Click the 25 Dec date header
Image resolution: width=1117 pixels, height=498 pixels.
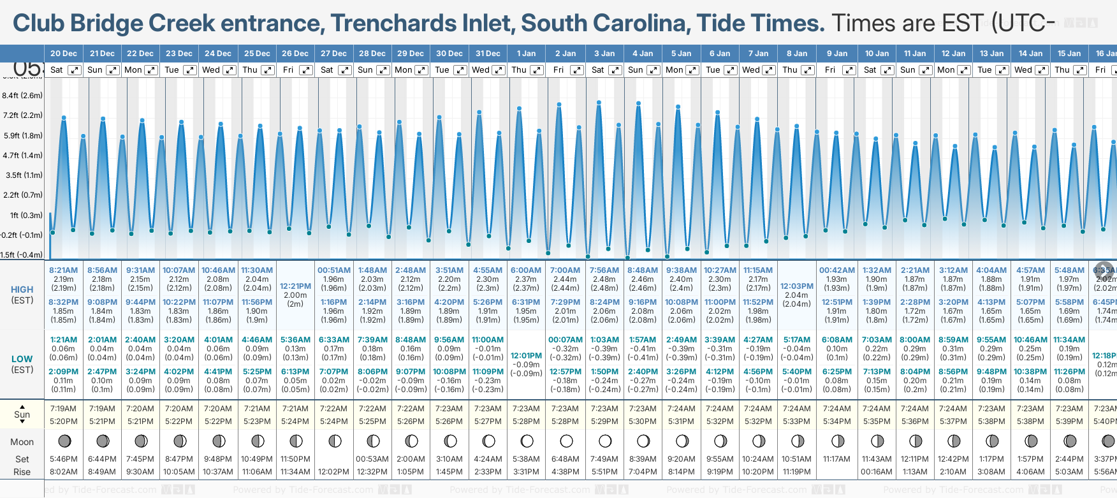coord(257,54)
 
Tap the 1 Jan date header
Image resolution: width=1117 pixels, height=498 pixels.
coord(526,54)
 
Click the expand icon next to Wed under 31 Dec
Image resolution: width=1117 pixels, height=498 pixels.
coord(499,70)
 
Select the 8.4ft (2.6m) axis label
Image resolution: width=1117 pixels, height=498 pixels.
coord(22,96)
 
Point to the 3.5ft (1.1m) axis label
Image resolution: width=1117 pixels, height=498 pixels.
coord(24,175)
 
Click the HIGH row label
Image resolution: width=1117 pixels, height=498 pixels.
coord(22,289)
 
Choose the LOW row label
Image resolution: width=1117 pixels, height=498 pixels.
coord(22,359)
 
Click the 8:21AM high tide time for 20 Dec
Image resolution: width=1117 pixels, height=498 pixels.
coord(63,270)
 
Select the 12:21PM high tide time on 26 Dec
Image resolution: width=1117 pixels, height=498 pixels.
coord(295,286)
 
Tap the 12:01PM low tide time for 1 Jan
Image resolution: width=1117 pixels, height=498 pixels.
coord(526,356)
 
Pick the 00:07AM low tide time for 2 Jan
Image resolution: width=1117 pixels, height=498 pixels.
coord(565,340)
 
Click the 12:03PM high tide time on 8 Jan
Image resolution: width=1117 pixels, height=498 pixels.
coord(796,286)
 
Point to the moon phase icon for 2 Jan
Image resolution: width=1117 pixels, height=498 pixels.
coord(566,441)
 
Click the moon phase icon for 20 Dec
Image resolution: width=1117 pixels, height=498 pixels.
coord(64,441)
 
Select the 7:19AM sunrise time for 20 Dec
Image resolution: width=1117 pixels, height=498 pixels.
coord(63,409)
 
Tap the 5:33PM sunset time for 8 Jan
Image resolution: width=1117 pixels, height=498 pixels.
coord(796,421)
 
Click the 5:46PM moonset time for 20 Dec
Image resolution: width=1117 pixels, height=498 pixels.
coord(63,459)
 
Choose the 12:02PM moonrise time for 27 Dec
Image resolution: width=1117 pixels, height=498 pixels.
coord(333,472)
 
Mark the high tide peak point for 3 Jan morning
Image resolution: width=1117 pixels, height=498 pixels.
coord(599,102)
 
